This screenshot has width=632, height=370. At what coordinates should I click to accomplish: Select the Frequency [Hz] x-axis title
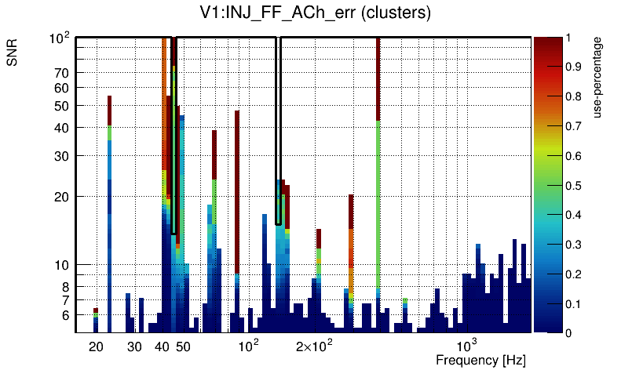(480, 360)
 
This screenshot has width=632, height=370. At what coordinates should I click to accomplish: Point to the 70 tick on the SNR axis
(62, 73)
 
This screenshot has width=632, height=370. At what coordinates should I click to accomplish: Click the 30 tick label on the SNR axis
(62, 156)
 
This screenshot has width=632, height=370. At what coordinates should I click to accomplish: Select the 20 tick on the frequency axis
(97, 346)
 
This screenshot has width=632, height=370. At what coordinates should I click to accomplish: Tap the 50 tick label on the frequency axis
(183, 346)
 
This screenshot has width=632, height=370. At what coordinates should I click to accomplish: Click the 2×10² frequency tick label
(314, 346)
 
